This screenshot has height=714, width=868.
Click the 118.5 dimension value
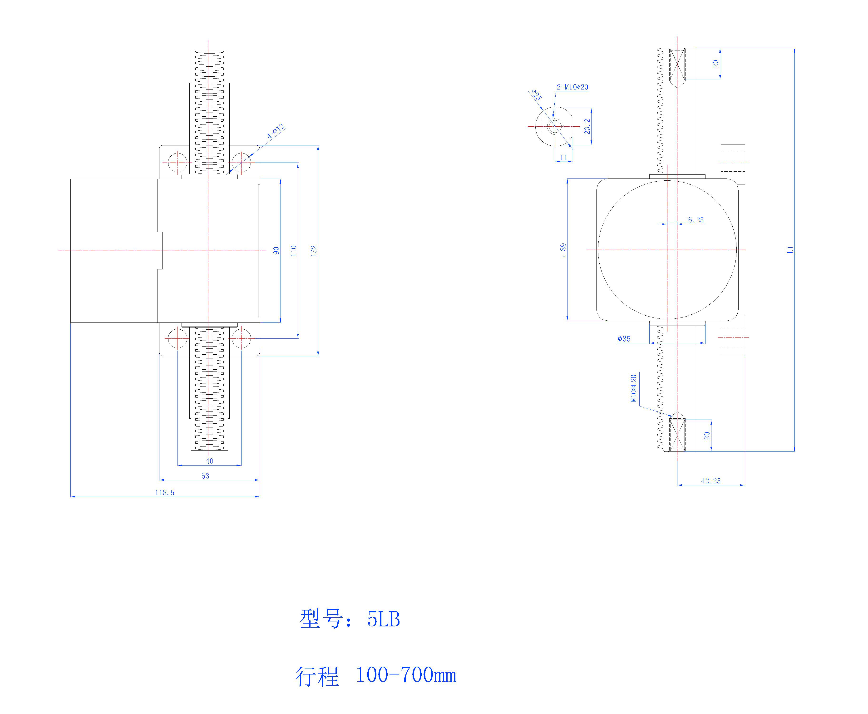click(x=164, y=492)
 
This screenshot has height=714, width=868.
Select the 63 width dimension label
click(x=205, y=476)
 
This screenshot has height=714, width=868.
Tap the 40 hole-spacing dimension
click(x=209, y=461)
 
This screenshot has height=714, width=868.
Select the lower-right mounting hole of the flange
click(x=241, y=338)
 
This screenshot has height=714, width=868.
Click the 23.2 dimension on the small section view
click(x=587, y=127)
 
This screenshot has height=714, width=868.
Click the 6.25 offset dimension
click(x=696, y=220)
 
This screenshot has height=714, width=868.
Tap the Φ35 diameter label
click(x=624, y=339)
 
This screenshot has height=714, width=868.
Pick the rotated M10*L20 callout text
click(x=634, y=388)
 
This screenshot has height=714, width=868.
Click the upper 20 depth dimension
click(x=715, y=64)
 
